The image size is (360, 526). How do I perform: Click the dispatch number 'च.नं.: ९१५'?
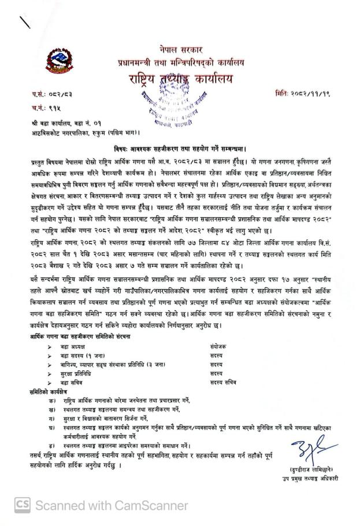(43, 108)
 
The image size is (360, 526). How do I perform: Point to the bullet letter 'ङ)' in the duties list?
(53, 446)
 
